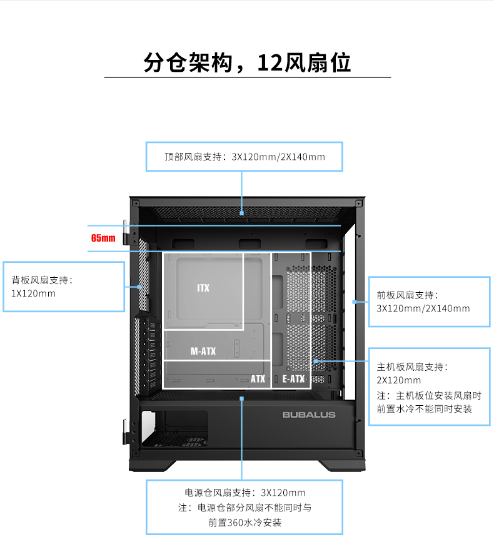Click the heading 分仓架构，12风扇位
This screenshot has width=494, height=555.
click(247, 62)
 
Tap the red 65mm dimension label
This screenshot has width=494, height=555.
click(103, 238)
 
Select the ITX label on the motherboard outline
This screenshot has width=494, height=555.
click(203, 288)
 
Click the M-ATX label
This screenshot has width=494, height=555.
click(203, 351)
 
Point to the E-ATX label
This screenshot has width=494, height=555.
click(293, 379)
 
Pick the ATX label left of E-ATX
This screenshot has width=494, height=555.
click(258, 379)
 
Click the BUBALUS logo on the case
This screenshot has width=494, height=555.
click(309, 415)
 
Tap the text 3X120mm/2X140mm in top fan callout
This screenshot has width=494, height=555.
click(278, 157)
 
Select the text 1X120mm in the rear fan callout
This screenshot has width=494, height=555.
click(33, 293)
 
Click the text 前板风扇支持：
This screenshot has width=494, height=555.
click(408, 295)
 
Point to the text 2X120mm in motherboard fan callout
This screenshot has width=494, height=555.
click(398, 380)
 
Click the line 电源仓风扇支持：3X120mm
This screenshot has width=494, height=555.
click(245, 493)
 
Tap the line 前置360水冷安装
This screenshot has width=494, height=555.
click(245, 523)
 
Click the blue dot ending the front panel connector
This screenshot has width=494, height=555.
click(354, 302)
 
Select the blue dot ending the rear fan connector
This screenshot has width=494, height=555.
click(139, 287)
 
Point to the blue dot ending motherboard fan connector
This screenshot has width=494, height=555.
click(316, 361)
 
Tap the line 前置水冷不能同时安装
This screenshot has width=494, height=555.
click(424, 409)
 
